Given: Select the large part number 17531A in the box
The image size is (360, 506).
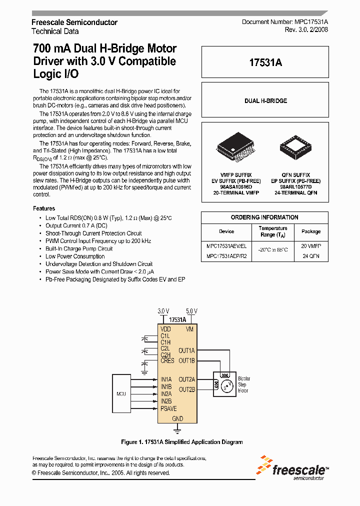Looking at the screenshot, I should (x=265, y=62).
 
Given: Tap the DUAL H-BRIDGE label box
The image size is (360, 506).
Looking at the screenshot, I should (x=265, y=101).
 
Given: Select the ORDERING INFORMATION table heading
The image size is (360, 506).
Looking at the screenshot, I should (x=264, y=217).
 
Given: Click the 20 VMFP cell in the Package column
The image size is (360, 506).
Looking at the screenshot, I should (x=311, y=246).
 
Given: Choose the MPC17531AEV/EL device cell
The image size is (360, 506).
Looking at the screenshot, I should (x=226, y=246).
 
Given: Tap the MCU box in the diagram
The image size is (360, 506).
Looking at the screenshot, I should (x=121, y=393).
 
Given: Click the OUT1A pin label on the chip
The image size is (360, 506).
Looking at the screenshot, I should (x=186, y=351).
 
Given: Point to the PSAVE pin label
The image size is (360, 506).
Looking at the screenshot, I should (x=168, y=408).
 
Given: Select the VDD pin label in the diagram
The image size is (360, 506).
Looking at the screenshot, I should (x=165, y=329).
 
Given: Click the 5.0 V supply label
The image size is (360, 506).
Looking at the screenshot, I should (x=191, y=310).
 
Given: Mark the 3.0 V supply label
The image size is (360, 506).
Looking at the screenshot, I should (x=163, y=310).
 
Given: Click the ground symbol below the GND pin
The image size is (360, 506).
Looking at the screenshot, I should (x=177, y=429).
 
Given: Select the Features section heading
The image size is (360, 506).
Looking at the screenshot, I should (x=44, y=208).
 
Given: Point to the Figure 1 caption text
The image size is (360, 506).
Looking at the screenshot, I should (x=182, y=442).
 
